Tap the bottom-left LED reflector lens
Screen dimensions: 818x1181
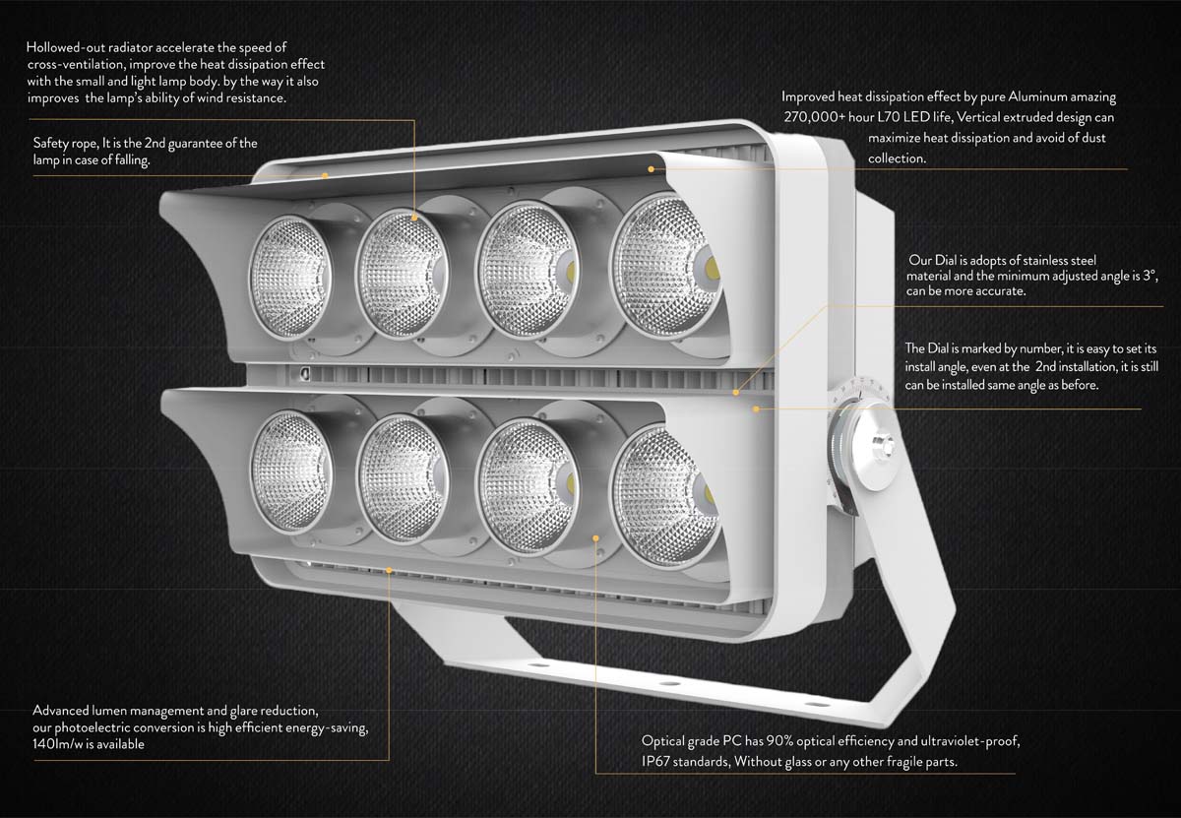290,460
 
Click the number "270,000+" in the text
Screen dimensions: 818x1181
815,117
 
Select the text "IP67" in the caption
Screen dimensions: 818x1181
658,762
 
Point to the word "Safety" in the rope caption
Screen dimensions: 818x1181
51,144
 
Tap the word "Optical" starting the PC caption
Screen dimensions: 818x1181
663,741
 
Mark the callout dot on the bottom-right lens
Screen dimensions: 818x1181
596,537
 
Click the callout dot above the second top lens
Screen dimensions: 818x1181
415,216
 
